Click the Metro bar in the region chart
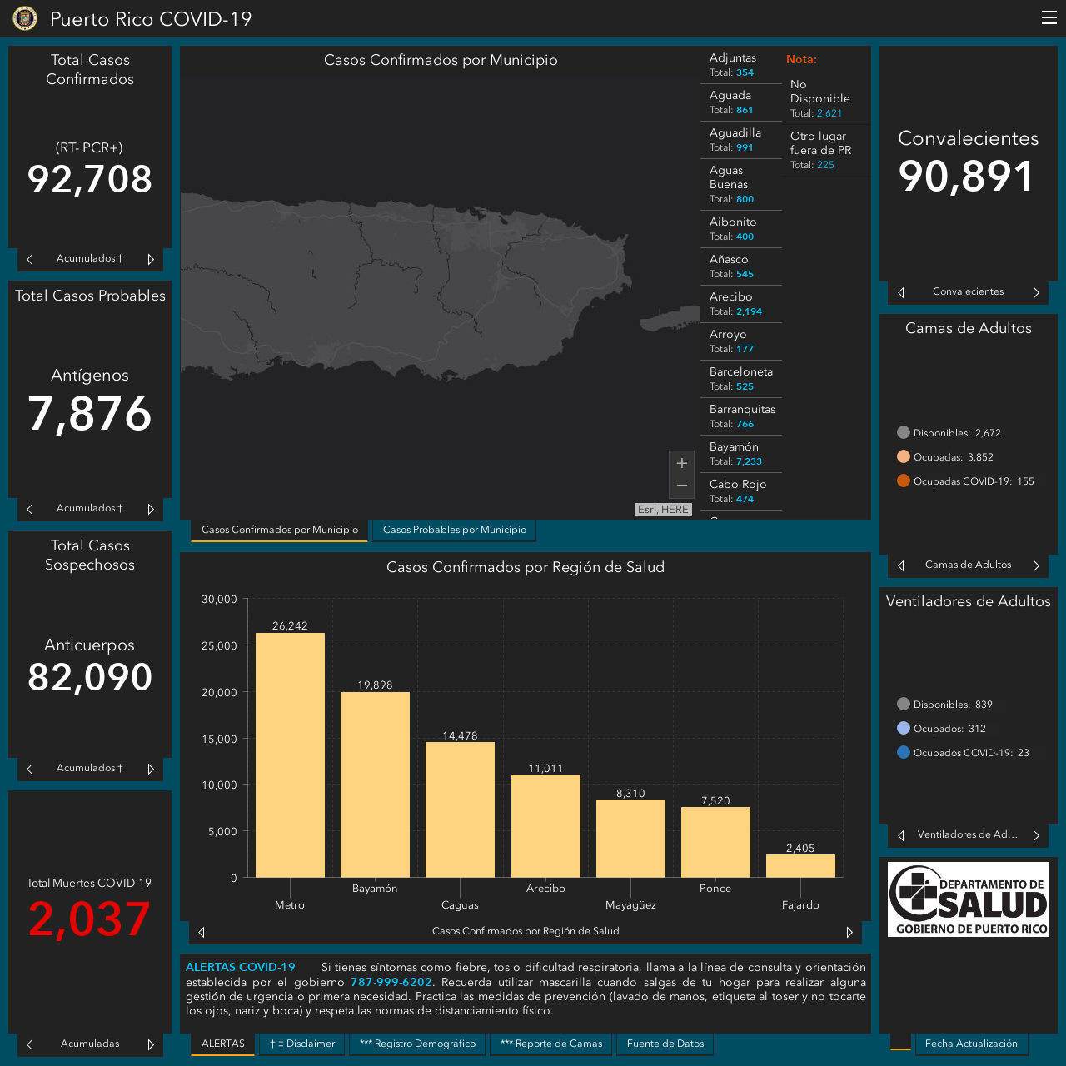click(x=290, y=755)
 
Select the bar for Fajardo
click(x=800, y=866)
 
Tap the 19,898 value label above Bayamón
click(x=375, y=685)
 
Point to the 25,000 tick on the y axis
click(x=219, y=645)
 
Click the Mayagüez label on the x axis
click(x=630, y=905)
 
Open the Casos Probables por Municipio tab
click(x=454, y=530)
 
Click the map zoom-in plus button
click(x=681, y=462)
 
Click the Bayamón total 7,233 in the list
click(x=749, y=461)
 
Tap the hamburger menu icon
click(x=1049, y=17)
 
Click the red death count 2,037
click(x=89, y=919)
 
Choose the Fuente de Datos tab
click(x=665, y=1044)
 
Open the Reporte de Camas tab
click(x=551, y=1044)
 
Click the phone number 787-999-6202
click(x=391, y=982)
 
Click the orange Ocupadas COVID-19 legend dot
click(x=904, y=481)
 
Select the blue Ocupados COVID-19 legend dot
click(x=904, y=752)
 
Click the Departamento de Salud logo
click(x=968, y=899)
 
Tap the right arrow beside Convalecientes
click(x=1035, y=292)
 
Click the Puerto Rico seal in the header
click(x=25, y=18)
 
